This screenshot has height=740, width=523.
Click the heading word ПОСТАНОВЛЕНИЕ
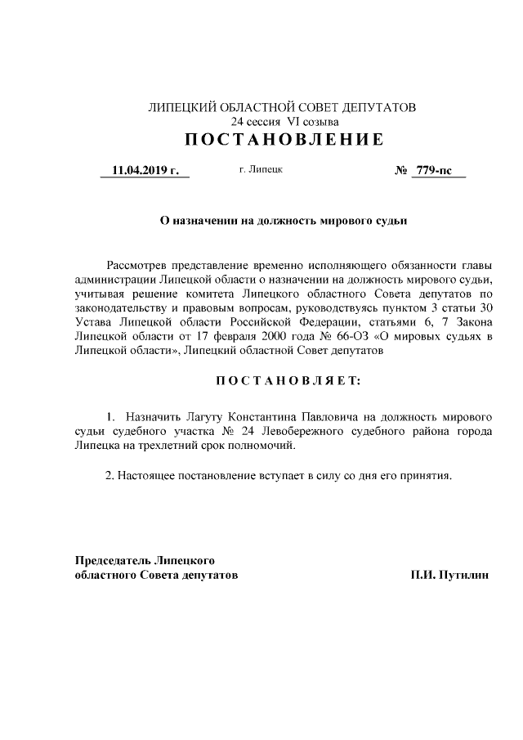coord(284,140)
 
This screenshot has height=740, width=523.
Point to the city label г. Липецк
coord(261,170)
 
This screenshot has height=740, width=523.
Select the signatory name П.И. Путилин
coord(450,575)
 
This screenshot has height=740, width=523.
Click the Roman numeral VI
coord(306,121)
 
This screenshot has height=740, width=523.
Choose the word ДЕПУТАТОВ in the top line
coord(382,107)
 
